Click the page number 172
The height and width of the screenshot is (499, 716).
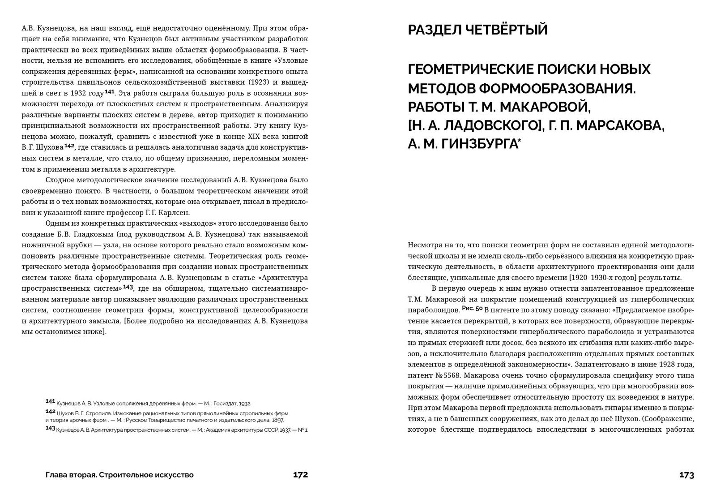click(300, 475)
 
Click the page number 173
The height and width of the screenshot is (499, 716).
click(686, 475)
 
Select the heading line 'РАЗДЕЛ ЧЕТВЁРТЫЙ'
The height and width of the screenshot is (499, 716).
click(477, 30)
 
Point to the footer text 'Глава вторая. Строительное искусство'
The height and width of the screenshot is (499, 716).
click(119, 475)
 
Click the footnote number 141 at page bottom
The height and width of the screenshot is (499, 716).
click(50, 401)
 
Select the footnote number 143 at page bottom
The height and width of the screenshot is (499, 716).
click(50, 429)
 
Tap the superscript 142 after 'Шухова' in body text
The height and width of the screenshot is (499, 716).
click(69, 146)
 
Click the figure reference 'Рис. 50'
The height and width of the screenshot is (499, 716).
click(472, 309)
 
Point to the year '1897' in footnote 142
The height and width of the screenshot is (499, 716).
click(277, 420)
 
